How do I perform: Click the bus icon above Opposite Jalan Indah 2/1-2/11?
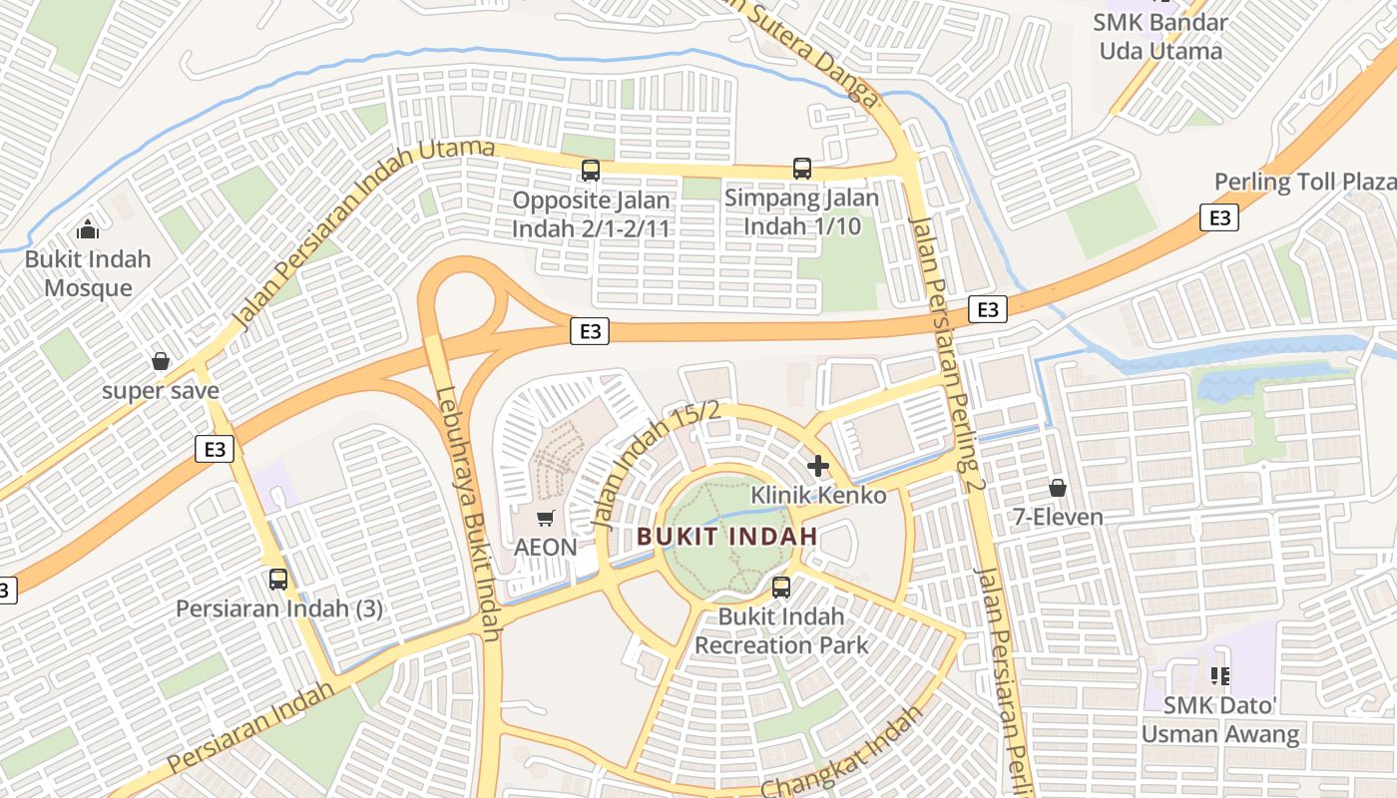591,171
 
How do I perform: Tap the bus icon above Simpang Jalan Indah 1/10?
802,169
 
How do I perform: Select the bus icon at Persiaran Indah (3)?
278,579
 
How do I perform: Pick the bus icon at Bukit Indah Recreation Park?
781,588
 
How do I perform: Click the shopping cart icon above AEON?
545,518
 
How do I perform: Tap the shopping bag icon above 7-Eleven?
1058,488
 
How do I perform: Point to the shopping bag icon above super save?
160,361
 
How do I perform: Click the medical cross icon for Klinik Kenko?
818,466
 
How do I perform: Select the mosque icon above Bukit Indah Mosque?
88,229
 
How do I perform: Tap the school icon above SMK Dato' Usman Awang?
1219,676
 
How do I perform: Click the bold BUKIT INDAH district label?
727,536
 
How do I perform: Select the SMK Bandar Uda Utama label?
1161,36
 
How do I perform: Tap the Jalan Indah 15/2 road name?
656,464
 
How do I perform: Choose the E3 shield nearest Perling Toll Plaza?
1219,217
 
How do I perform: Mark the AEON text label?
546,547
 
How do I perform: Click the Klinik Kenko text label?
818,495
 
